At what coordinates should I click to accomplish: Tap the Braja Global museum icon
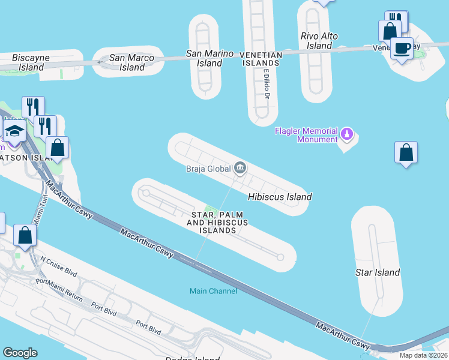tap(240, 167)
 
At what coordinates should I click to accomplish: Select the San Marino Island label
tap(209, 58)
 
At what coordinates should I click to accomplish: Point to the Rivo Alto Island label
tap(316, 41)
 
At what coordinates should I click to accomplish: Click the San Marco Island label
tap(131, 62)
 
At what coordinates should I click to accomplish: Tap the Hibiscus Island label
tap(280, 197)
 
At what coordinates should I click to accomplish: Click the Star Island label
tap(378, 272)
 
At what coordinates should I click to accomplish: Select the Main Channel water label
tap(214, 291)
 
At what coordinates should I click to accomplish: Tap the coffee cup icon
tap(402, 47)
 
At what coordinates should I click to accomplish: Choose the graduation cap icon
tap(14, 130)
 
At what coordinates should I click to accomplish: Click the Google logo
tap(20, 353)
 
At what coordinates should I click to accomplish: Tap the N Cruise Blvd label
tap(58, 267)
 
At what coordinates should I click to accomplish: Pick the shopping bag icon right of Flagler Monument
tap(406, 152)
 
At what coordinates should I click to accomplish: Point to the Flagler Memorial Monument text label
tap(306, 135)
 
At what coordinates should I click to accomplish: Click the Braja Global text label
tap(208, 169)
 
